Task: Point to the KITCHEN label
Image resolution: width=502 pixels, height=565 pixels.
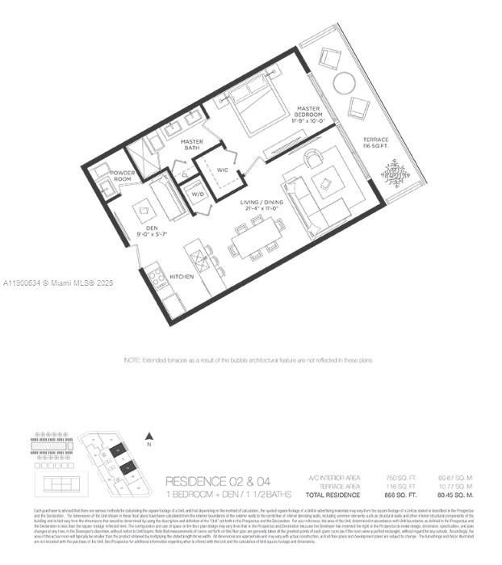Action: [x=182, y=277]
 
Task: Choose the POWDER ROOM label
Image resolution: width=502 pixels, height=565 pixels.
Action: [x=123, y=175]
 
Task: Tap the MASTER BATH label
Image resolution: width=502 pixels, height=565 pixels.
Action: [x=191, y=145]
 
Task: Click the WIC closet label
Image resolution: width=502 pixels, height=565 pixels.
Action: [x=223, y=170]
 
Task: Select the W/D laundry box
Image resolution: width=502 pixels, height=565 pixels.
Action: [x=196, y=194]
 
